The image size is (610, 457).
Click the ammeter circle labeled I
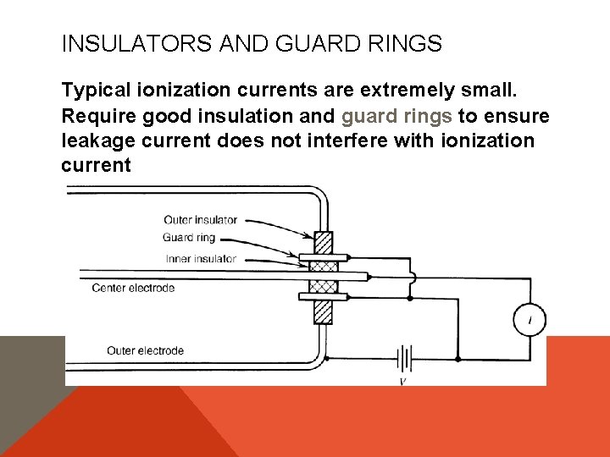(x=530, y=319)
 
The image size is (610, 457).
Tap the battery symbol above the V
(x=404, y=359)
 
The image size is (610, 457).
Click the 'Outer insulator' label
(x=201, y=220)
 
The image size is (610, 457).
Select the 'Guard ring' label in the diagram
(x=189, y=238)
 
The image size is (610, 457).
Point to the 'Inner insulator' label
(x=201, y=259)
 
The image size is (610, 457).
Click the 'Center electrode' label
(x=133, y=288)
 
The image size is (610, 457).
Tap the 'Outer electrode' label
(x=145, y=350)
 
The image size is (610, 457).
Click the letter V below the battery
(x=404, y=382)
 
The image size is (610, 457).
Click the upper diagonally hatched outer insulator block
(x=323, y=244)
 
